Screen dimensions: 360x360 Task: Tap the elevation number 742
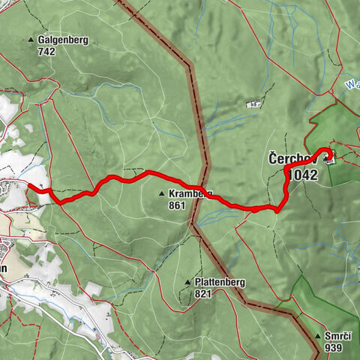tap(47, 52)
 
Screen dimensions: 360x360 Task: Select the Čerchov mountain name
tap(289, 160)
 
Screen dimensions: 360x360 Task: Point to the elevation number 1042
tap(301, 175)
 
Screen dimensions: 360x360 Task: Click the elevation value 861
tap(177, 205)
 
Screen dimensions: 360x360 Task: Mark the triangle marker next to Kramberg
tap(161, 193)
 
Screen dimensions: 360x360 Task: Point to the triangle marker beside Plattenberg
tap(187, 282)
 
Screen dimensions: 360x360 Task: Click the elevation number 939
tap(334, 348)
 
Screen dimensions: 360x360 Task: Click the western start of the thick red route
tap(28, 184)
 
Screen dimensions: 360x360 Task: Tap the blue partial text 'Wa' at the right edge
tap(352, 85)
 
